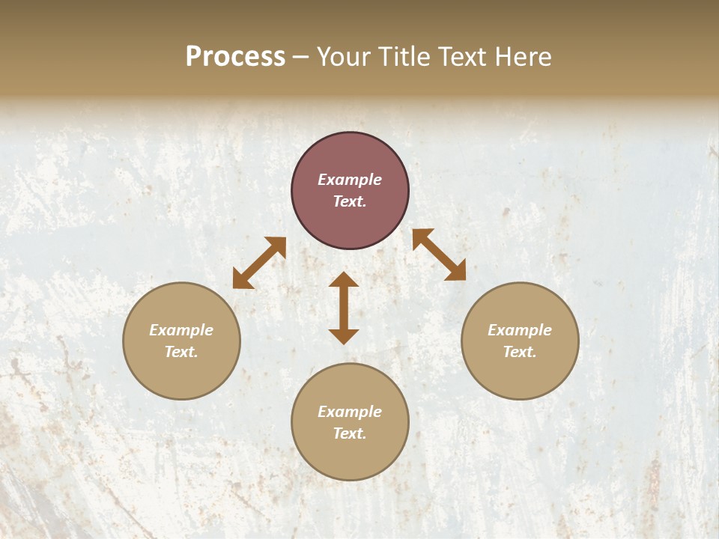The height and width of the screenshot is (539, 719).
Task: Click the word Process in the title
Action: click(x=235, y=57)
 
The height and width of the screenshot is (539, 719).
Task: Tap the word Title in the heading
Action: click(x=405, y=57)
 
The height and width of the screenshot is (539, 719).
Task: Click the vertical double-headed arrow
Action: click(x=344, y=308)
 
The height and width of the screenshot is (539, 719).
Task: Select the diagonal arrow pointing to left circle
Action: click(x=259, y=263)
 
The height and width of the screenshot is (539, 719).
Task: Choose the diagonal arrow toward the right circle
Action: click(x=439, y=255)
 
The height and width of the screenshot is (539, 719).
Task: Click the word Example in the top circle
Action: click(x=350, y=180)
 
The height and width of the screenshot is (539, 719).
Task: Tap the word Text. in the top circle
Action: click(x=350, y=201)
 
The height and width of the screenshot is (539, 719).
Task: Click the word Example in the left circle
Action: click(x=181, y=330)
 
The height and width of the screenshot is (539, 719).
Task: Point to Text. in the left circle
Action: click(x=181, y=352)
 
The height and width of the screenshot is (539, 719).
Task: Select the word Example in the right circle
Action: click(x=520, y=330)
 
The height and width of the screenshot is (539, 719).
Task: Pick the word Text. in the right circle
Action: click(x=520, y=352)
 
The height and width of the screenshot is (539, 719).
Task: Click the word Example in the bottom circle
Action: click(x=350, y=412)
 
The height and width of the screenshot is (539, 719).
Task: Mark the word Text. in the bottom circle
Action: click(x=350, y=433)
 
